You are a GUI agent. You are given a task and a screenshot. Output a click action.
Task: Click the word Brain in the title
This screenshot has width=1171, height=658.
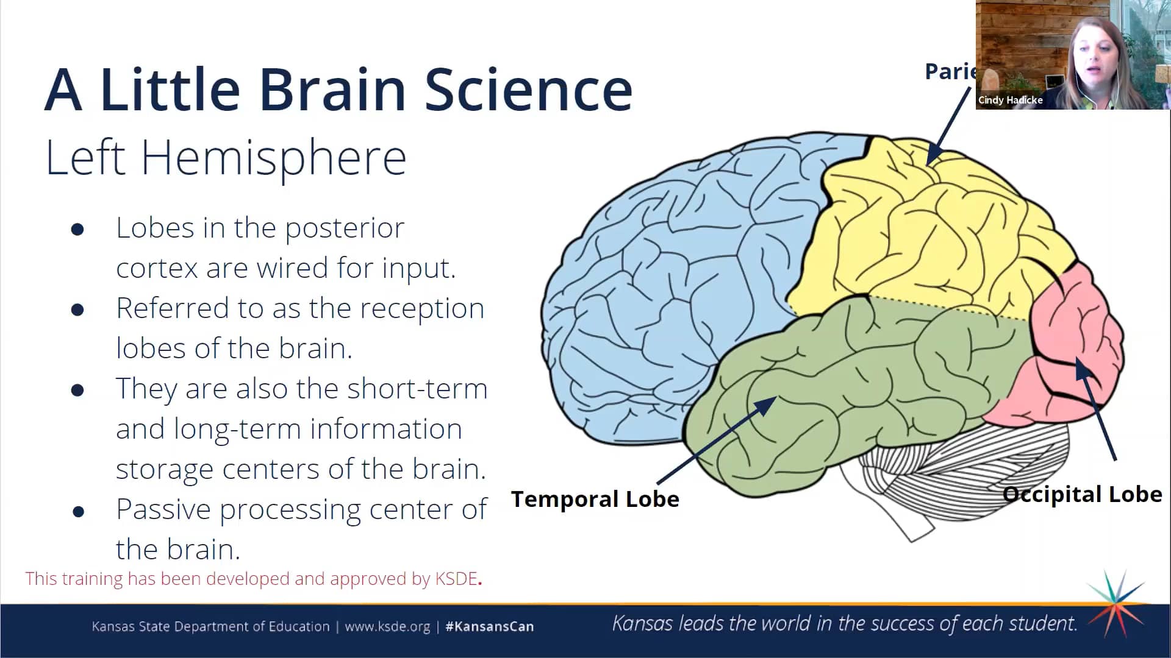(332, 90)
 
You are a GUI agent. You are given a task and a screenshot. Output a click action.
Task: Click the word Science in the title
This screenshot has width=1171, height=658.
(528, 90)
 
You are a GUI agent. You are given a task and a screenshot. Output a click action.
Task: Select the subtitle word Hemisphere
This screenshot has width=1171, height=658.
(274, 158)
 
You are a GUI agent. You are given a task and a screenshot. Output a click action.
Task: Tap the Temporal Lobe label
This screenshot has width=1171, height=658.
(595, 499)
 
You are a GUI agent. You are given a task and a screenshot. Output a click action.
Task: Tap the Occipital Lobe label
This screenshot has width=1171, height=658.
(1082, 494)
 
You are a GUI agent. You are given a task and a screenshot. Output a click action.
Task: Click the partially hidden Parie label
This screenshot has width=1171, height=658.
(950, 72)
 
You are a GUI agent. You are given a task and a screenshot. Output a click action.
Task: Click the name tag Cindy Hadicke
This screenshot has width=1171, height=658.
(1010, 100)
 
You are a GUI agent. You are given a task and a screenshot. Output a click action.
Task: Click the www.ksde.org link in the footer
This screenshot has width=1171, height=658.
(387, 626)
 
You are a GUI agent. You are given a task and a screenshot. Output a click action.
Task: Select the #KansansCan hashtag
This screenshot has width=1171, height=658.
(489, 626)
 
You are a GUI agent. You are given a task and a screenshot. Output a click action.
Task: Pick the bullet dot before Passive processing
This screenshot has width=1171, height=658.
(78, 511)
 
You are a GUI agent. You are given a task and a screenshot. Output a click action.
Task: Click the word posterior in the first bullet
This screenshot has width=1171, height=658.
(345, 228)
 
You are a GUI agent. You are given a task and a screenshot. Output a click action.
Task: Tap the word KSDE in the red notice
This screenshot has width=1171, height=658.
(456, 578)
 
